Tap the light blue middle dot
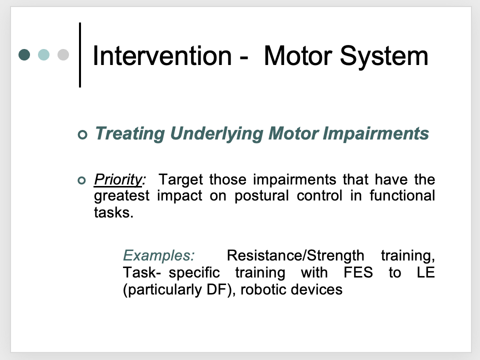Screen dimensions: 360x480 pos(44,54)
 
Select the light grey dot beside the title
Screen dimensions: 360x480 pos(63,54)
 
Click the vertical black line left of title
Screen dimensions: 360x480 pos(80,55)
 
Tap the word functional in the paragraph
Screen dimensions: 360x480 pos(402,195)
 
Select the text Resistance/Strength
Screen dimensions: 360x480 pos(295,255)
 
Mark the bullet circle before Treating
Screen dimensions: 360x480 pos(82,134)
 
